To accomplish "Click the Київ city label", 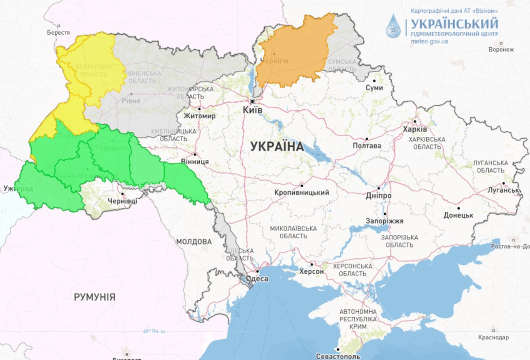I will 253,109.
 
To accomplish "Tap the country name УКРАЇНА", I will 277,147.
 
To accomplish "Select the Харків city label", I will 415,129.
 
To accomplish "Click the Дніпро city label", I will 379,195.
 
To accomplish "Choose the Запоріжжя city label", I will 385,221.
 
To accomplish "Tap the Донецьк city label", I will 458,215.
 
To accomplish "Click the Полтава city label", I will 367,145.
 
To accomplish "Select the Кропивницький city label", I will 302,192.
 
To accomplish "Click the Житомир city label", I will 200,116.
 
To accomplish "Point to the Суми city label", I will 374,88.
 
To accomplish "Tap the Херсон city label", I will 312,271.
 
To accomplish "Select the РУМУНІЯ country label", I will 95,297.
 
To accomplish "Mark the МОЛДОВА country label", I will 194,242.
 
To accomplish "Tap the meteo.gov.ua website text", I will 429,41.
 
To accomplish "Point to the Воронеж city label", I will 501,49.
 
